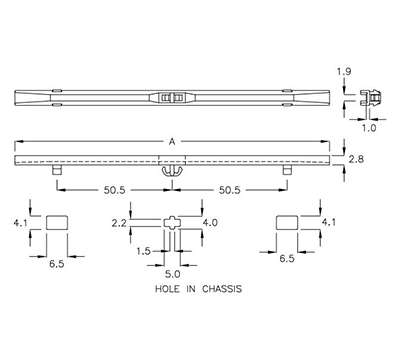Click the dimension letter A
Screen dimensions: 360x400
(173, 142)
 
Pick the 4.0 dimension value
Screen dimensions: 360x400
(210, 222)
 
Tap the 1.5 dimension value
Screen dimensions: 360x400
(144, 250)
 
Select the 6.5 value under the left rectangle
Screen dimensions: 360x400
(59, 258)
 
